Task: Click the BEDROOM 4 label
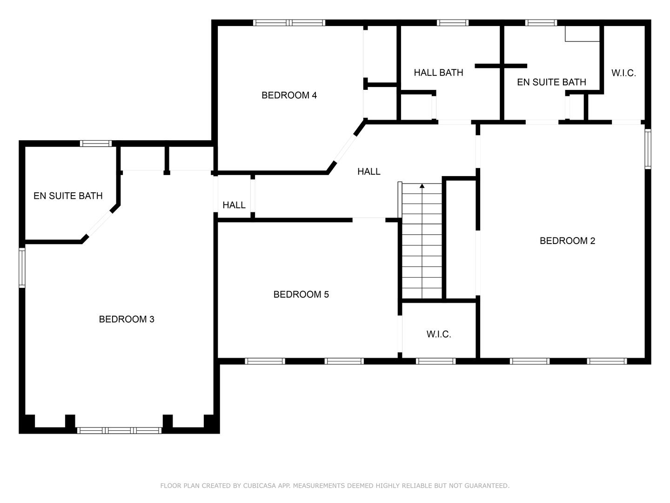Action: click(x=289, y=95)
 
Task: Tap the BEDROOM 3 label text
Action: click(x=127, y=319)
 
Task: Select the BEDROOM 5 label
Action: click(x=301, y=295)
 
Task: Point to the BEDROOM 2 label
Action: click(x=567, y=241)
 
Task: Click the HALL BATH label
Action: click(x=438, y=73)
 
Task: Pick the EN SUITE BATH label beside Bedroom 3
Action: click(x=68, y=196)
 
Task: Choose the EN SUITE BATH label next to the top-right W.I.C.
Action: click(x=551, y=82)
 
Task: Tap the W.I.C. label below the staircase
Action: click(x=438, y=334)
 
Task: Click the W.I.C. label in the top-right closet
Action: click(x=623, y=73)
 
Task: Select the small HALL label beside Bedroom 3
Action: click(x=234, y=205)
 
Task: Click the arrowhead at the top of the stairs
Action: click(x=422, y=186)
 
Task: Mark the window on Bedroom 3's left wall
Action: click(x=22, y=268)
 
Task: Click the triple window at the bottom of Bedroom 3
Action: click(x=119, y=430)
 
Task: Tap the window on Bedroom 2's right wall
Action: click(x=648, y=149)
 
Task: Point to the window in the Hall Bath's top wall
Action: click(x=452, y=22)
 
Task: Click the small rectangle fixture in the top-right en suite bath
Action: click(x=582, y=34)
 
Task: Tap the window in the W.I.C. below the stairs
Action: click(x=435, y=361)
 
